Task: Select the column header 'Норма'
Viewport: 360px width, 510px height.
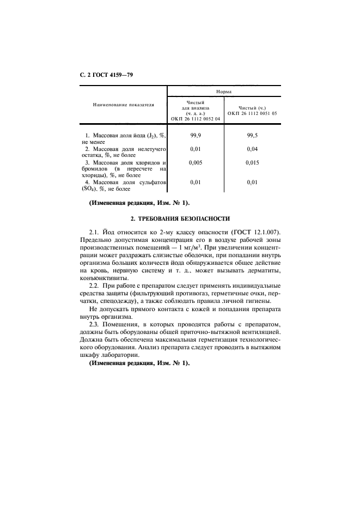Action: [x=223, y=92]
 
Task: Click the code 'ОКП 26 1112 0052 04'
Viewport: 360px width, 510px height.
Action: [x=195, y=118]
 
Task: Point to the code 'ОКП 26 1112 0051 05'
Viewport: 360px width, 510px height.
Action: [x=252, y=113]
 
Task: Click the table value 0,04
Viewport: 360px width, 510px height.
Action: [x=252, y=148]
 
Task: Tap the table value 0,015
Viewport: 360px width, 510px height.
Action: [x=252, y=162]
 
